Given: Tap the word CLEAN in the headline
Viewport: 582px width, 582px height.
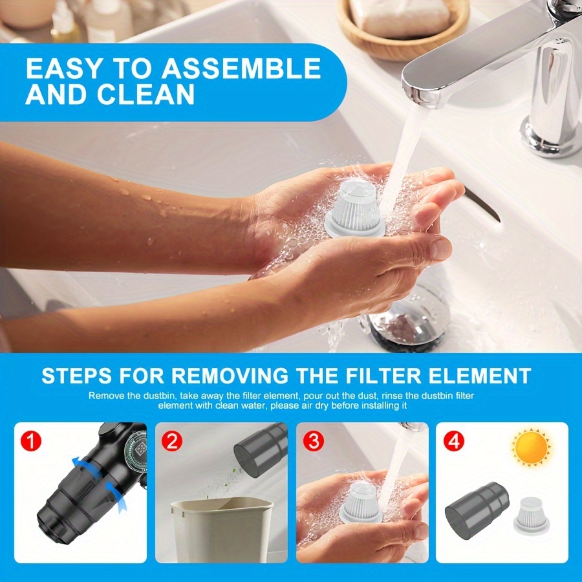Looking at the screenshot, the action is [146, 94].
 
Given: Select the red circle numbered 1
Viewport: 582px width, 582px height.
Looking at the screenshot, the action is [31, 442].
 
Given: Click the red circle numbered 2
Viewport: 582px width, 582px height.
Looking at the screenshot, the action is [172, 442].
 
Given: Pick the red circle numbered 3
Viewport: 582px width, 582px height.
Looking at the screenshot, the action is [314, 442].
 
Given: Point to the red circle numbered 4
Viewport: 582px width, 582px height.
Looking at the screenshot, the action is [454, 442].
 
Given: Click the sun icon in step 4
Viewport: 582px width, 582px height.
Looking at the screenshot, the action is [531, 447].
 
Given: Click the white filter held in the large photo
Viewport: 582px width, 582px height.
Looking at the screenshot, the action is [355, 208].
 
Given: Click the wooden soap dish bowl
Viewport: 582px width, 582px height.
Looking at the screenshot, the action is [403, 28].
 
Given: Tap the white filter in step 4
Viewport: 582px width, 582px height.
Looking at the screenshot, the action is [532, 515].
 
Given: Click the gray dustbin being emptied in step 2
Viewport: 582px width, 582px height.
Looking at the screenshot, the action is [261, 449].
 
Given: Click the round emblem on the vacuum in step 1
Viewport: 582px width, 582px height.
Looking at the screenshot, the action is [136, 449].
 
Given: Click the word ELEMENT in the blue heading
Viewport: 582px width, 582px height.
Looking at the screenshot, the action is [480, 376].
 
